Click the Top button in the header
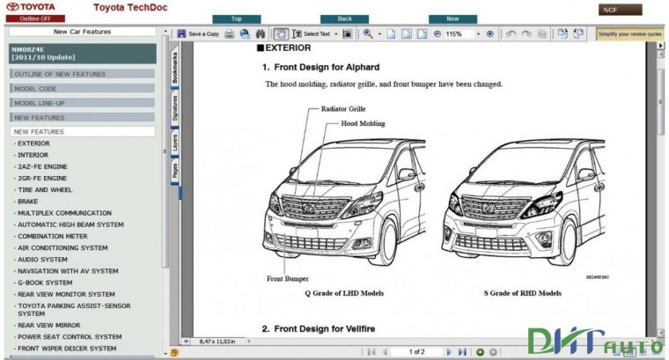point(236,18)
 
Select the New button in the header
point(452,18)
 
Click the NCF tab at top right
point(610,10)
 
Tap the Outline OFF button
point(29,18)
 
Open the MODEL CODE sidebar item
point(35,89)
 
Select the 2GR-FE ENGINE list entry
point(41,178)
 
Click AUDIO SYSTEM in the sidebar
point(42,260)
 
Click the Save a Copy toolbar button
point(199,34)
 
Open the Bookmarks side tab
point(175,68)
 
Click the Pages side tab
point(175,169)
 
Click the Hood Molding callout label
point(363,124)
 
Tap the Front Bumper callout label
point(286,278)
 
